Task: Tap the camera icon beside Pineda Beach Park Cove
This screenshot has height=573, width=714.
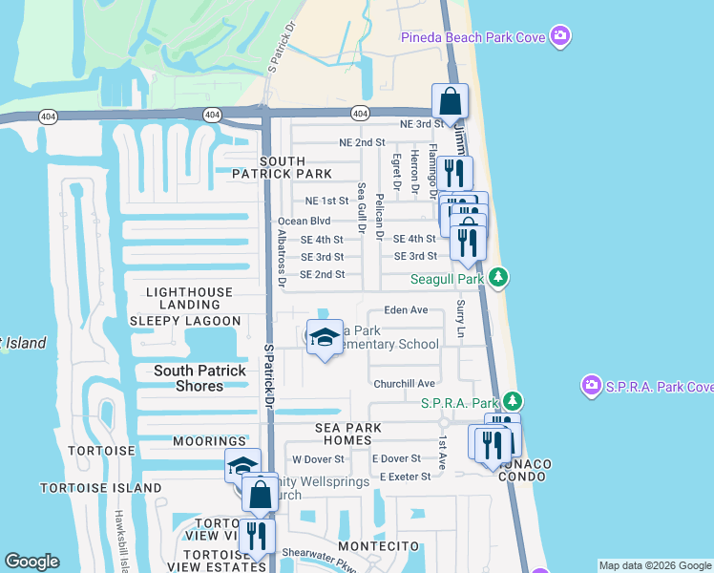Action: tap(560, 37)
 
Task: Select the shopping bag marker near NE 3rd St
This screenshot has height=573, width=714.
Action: tap(450, 103)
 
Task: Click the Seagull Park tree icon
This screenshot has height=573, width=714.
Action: tap(496, 278)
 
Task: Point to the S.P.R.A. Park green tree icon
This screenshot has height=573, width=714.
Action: tap(514, 399)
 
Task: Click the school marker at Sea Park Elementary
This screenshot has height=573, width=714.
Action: tap(325, 339)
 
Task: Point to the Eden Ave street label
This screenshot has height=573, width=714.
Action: tap(406, 310)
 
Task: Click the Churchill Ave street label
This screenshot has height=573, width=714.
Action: tap(404, 384)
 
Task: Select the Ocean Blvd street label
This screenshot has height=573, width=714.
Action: tap(304, 221)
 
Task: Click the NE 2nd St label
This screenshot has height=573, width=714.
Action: tap(362, 142)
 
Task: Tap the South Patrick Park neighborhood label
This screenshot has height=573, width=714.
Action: tap(283, 167)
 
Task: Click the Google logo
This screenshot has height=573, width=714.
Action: tap(31, 562)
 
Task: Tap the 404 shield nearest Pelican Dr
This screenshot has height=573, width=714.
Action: tap(359, 113)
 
